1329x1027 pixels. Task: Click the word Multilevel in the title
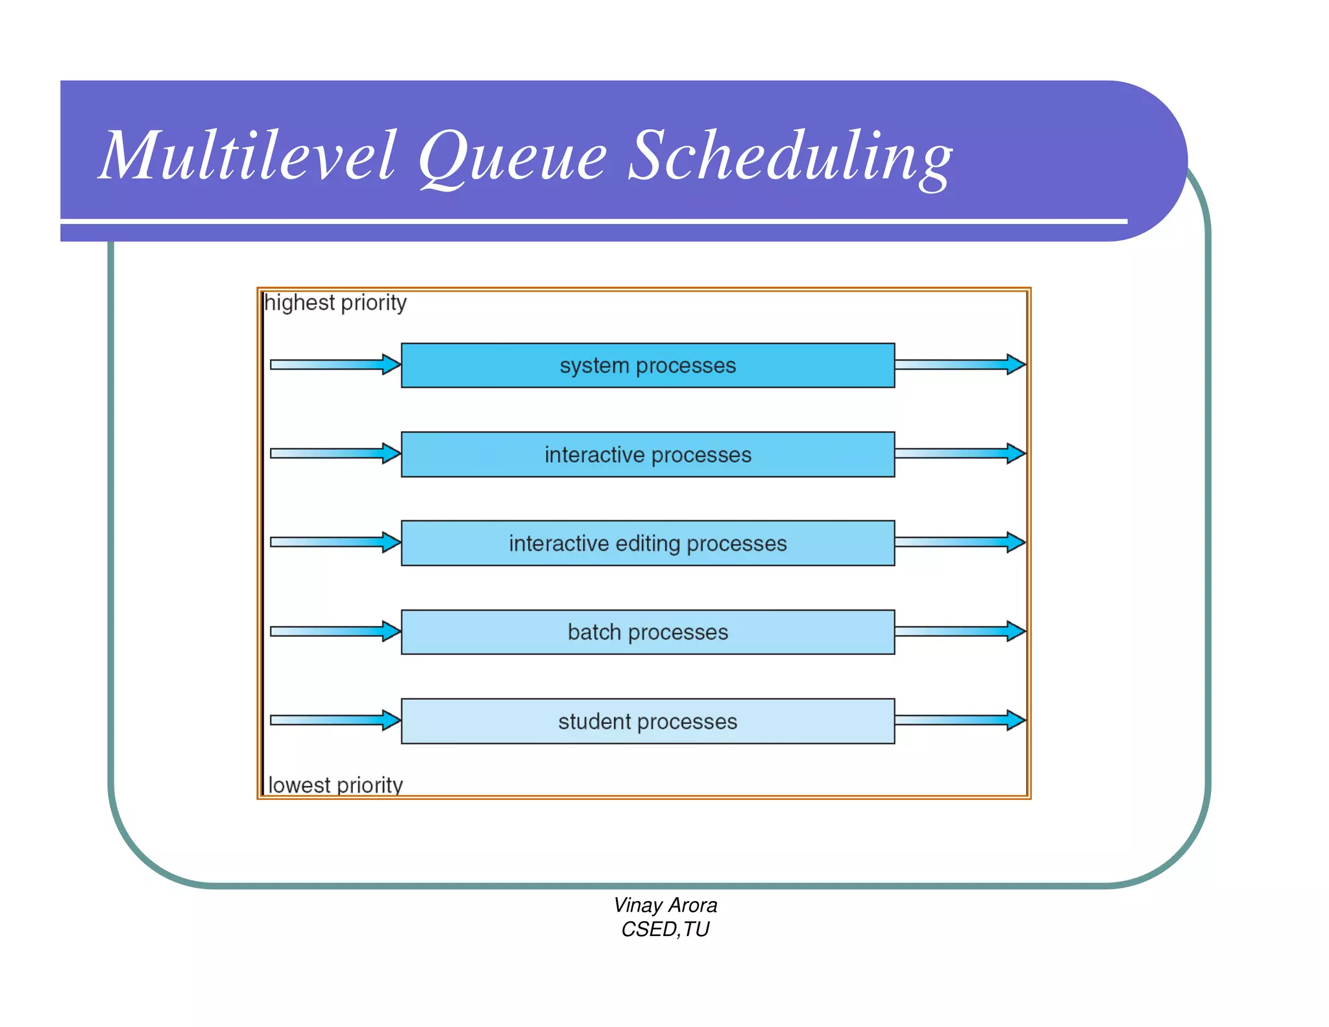pyautogui.click(x=247, y=156)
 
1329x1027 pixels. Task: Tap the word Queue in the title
pyautogui.click(x=513, y=156)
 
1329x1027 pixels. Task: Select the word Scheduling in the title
pyautogui.click(x=790, y=156)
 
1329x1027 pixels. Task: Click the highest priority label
pyautogui.click(x=335, y=303)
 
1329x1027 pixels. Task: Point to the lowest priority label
pyautogui.click(x=335, y=785)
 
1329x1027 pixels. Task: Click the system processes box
pyautogui.click(x=648, y=365)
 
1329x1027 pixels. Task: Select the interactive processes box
pyautogui.click(x=648, y=454)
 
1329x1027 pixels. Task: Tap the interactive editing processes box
pyautogui.click(x=648, y=543)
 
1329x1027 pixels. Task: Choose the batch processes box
pyautogui.click(x=648, y=632)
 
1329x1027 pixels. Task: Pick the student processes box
pyautogui.click(x=648, y=721)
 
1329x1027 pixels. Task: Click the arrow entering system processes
pyautogui.click(x=335, y=365)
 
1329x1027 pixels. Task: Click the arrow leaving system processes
pyautogui.click(x=959, y=365)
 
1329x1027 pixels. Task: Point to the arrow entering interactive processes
pyautogui.click(x=335, y=453)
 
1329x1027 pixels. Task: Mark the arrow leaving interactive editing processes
pyautogui.click(x=959, y=542)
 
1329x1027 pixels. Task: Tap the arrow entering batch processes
pyautogui.click(x=335, y=631)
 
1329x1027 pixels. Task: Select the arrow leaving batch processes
pyautogui.click(x=959, y=631)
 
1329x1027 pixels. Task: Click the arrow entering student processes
pyautogui.click(x=335, y=720)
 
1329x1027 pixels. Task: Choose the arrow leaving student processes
pyautogui.click(x=959, y=720)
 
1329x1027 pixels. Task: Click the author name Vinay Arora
pyautogui.click(x=665, y=905)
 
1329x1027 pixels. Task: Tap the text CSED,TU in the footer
pyautogui.click(x=665, y=930)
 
